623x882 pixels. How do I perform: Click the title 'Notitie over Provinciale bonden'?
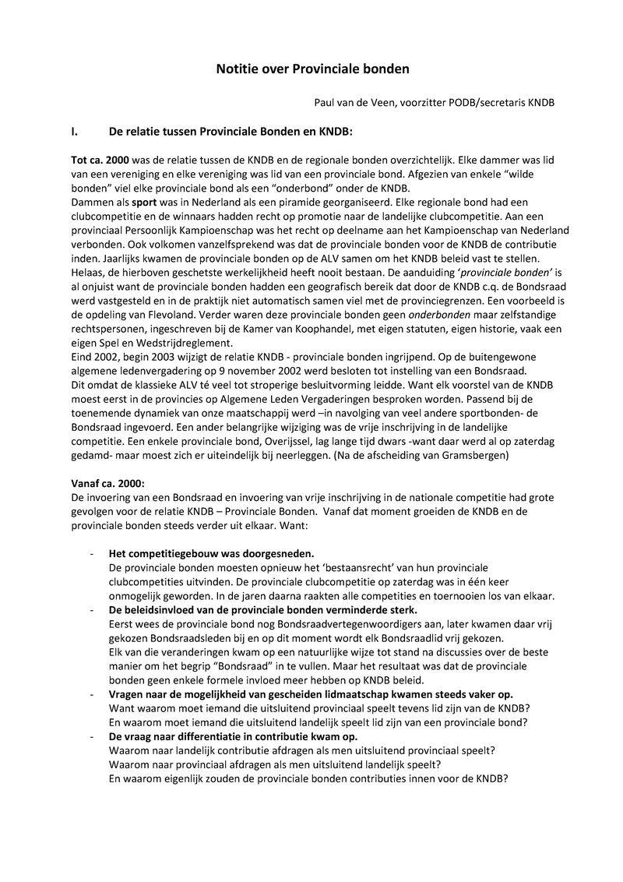(x=311, y=69)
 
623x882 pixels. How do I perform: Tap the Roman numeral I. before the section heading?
(x=76, y=132)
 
